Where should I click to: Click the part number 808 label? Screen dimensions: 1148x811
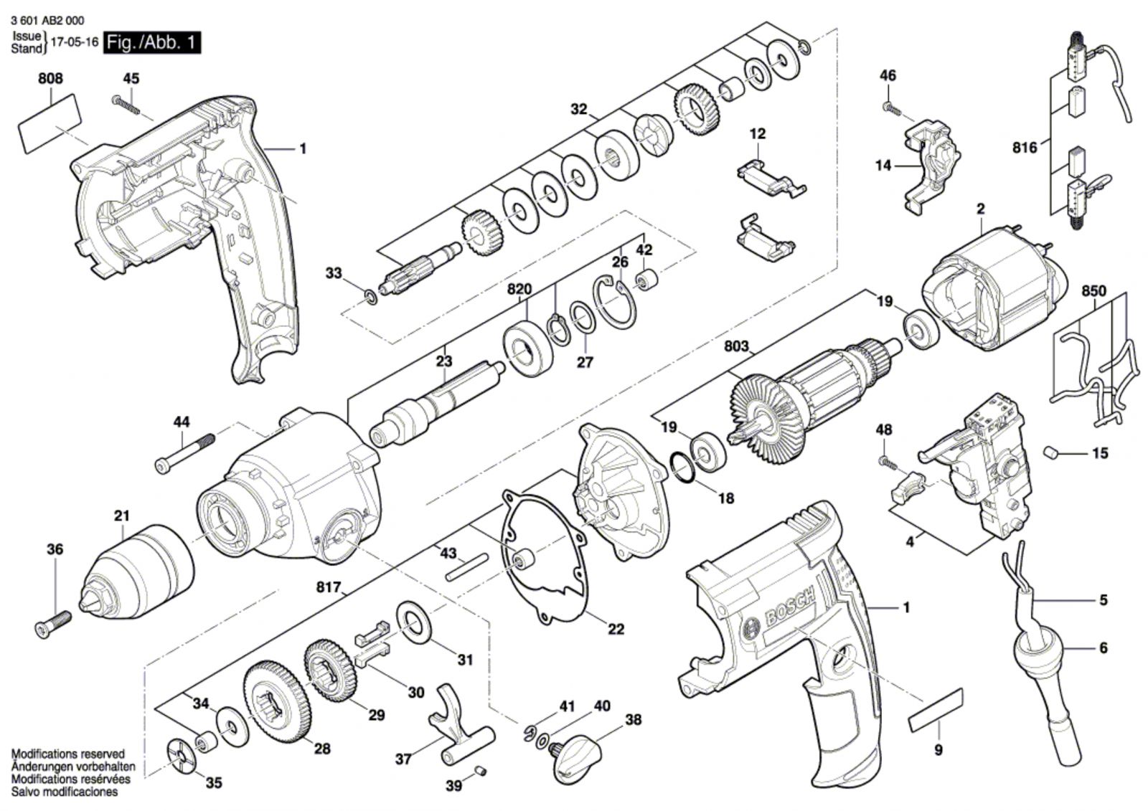coord(50,78)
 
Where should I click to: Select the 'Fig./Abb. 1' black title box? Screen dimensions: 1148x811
coord(151,42)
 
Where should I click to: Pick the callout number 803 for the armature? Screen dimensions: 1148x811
coord(736,346)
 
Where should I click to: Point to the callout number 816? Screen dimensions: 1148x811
coord(1025,148)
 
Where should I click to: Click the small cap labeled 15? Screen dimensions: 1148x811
coord(1051,452)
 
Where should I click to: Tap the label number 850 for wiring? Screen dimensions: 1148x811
coord(1093,291)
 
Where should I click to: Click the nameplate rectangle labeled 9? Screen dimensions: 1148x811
coord(936,711)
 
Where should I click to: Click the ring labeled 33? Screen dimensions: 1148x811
coord(370,297)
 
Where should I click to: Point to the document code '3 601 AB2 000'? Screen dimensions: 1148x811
coord(47,21)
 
